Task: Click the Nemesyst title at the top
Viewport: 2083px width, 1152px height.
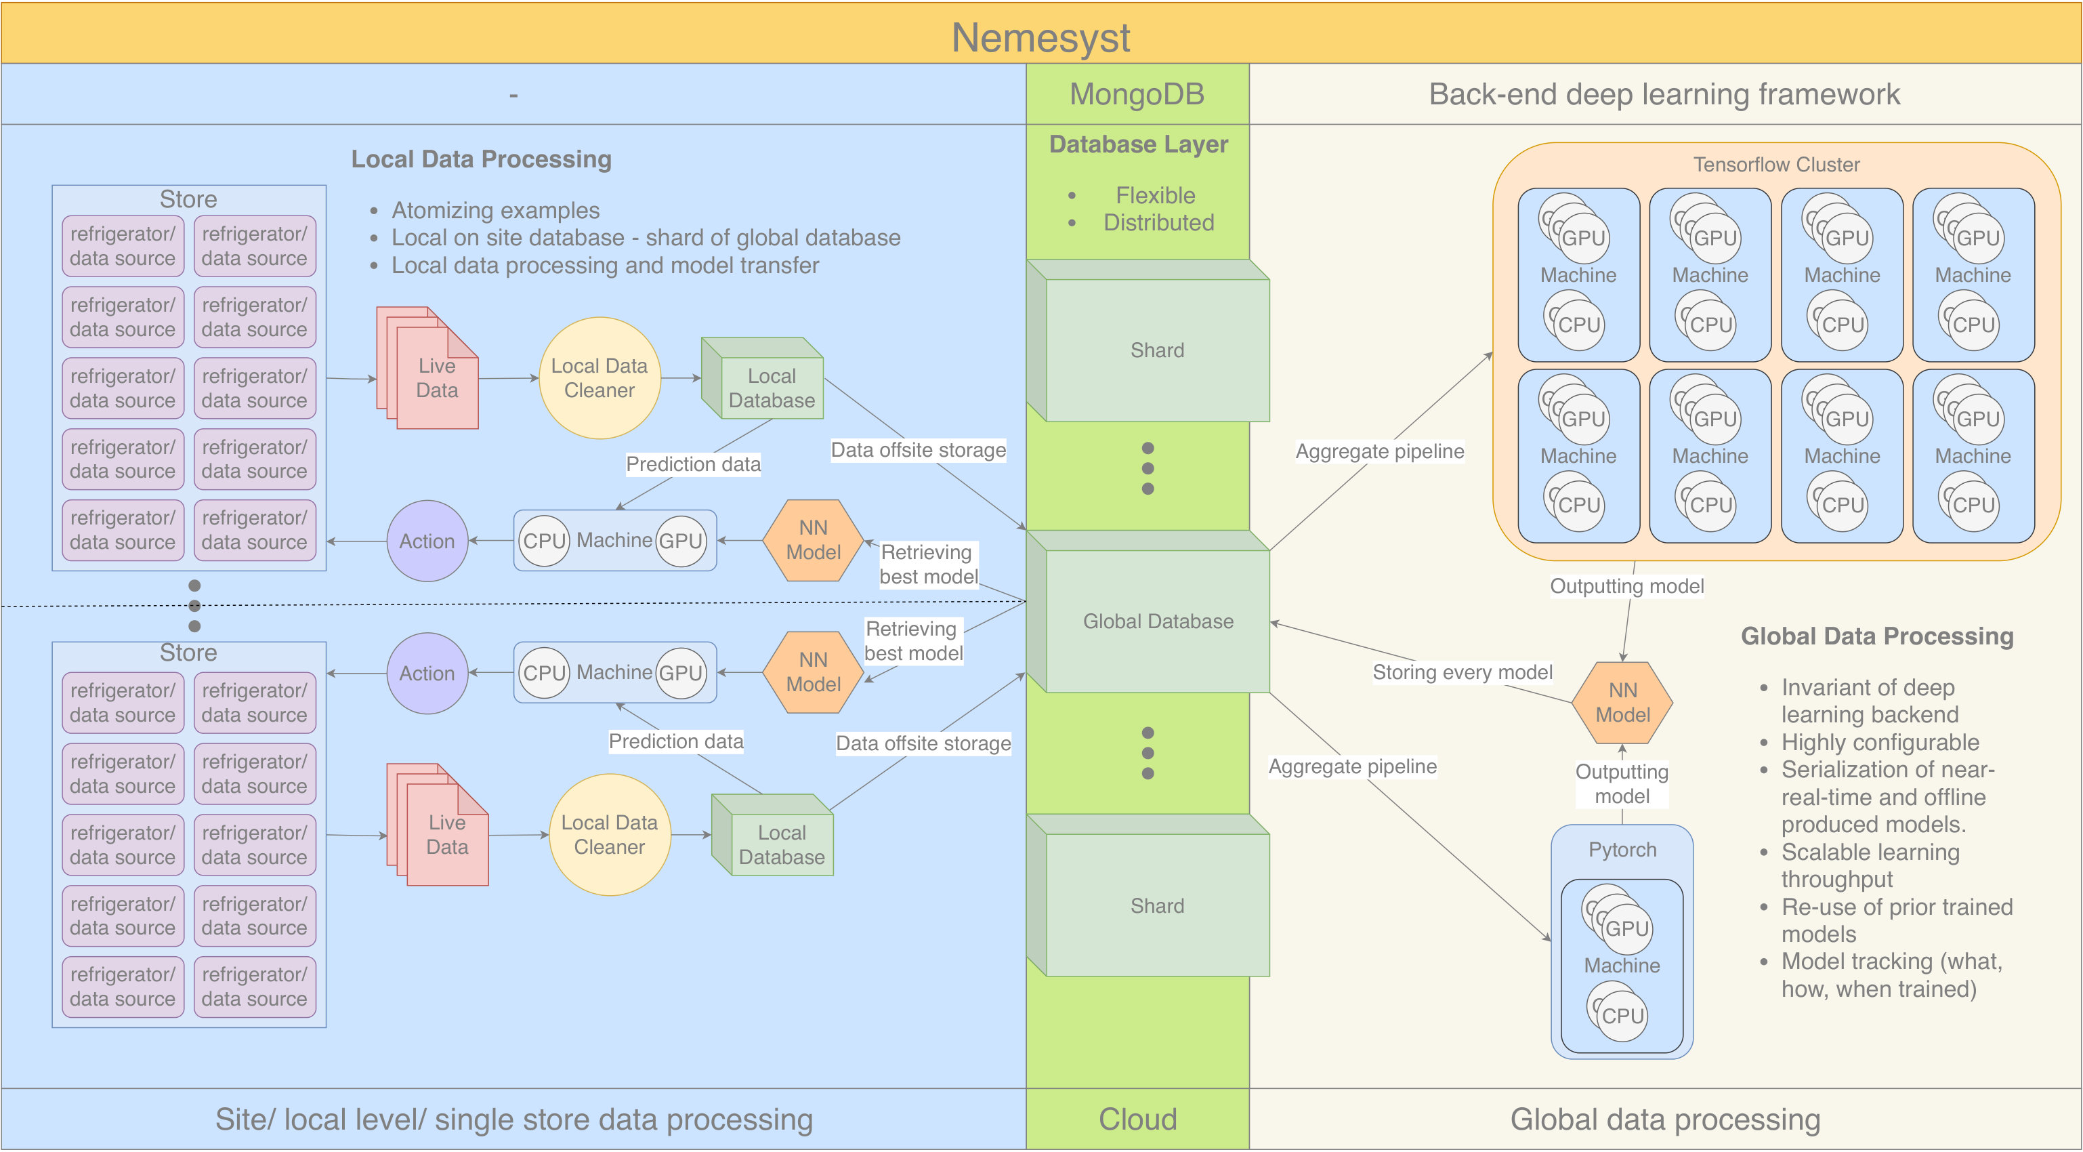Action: pos(1040,37)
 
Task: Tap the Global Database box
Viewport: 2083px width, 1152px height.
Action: pos(1148,612)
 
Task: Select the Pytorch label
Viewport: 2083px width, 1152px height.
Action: pos(1622,850)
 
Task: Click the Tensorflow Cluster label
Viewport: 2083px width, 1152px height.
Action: pos(1777,164)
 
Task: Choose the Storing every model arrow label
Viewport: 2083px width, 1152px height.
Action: pos(1462,672)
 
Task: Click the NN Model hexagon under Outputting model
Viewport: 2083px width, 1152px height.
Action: pos(1622,702)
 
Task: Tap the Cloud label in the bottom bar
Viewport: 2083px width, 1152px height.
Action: pos(1138,1119)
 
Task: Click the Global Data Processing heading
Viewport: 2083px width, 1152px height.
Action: pos(1877,636)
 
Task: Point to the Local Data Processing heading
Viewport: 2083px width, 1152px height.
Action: pos(481,159)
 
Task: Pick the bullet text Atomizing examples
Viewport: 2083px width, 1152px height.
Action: pos(496,210)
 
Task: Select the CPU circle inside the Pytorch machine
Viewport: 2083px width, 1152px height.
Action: pos(1622,1015)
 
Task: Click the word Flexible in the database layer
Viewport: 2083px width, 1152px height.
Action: pos(1156,195)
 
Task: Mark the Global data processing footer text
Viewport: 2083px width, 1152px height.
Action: pos(1665,1119)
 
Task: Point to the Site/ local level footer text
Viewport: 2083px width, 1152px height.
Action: pos(513,1119)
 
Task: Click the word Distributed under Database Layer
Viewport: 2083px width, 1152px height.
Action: pos(1159,222)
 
